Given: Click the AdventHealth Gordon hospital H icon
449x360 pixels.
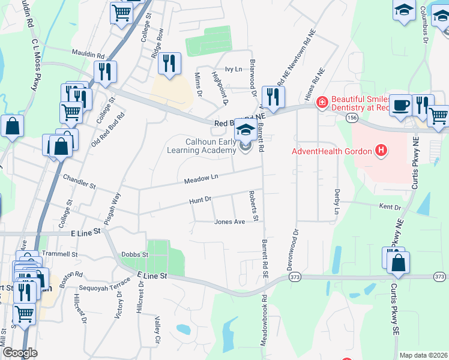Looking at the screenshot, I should tap(379, 151).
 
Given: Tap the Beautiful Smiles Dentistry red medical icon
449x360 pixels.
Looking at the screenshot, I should tap(322, 103).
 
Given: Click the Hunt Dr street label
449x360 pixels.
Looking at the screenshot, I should tap(200, 199).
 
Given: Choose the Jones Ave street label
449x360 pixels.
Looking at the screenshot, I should tap(230, 222).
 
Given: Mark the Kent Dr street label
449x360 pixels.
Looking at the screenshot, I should tap(390, 207).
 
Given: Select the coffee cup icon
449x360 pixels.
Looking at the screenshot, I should tap(400, 104).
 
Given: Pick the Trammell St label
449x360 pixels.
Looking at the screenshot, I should tap(60, 254).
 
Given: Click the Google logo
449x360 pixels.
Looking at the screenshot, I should tap(20, 353).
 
